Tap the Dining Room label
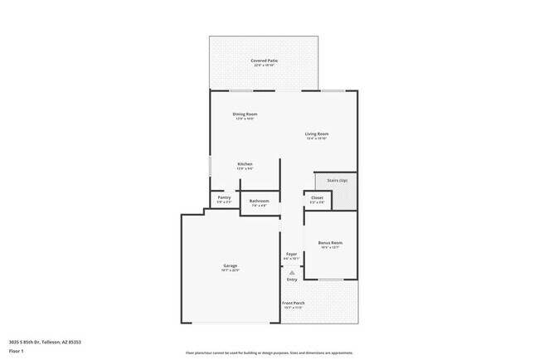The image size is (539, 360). tap(245, 114)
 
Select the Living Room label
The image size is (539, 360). tap(317, 134)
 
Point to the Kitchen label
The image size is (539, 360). tap(245, 163)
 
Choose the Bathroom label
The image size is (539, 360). tap(259, 201)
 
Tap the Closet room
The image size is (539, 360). tap(317, 199)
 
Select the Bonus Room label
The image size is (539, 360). tap(330, 243)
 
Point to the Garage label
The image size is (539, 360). tap(230, 265)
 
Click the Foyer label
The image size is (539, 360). tap(291, 254)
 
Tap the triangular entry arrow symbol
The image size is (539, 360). tap(291, 272)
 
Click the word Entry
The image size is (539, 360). tap(291, 280)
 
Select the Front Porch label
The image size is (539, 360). tap(294, 303)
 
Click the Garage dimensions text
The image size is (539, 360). tap(230, 270)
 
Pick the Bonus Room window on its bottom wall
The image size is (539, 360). tap(332, 280)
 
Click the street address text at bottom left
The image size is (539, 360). tap(45, 342)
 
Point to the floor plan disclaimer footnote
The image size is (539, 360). tap(269, 352)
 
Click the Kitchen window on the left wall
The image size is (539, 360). tap(209, 166)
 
